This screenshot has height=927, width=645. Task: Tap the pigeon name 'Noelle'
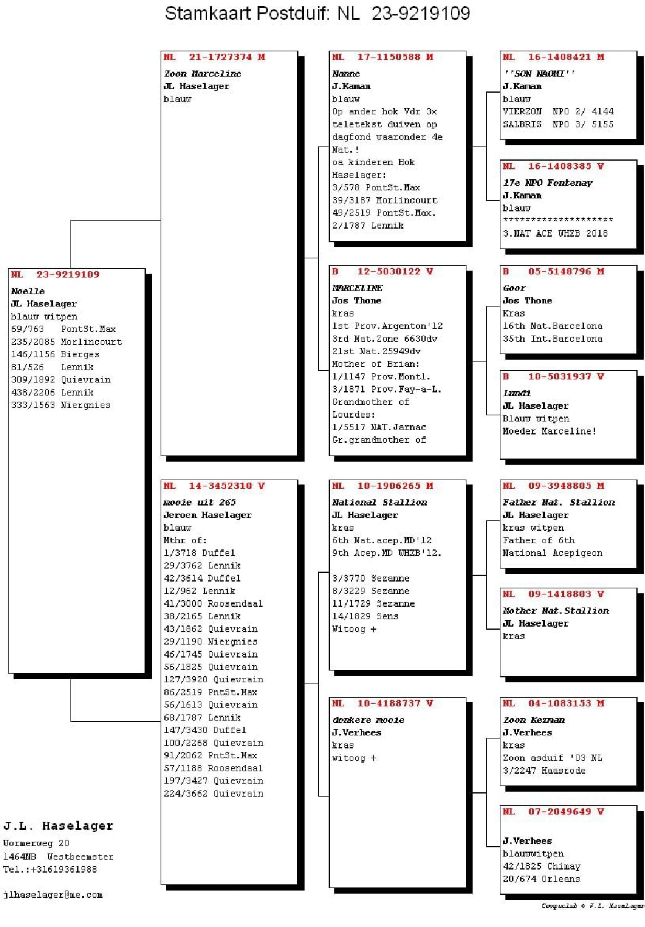pyautogui.click(x=28, y=291)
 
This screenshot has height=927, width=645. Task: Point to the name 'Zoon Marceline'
pyautogui.click(x=203, y=74)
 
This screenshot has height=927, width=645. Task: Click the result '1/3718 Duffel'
pyautogui.click(x=199, y=553)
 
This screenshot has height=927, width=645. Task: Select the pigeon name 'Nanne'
pyautogui.click(x=346, y=74)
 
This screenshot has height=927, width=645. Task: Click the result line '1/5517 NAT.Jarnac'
pyautogui.click(x=379, y=427)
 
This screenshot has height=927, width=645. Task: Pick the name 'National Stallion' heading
pyautogui.click(x=379, y=502)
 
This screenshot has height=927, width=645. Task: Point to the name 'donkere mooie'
pyautogui.click(x=368, y=720)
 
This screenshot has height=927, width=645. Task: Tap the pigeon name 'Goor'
pyautogui.click(x=514, y=288)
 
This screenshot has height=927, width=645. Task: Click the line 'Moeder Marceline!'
pyautogui.click(x=549, y=431)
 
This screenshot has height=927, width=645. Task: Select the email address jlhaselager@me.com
pyautogui.click(x=53, y=895)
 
